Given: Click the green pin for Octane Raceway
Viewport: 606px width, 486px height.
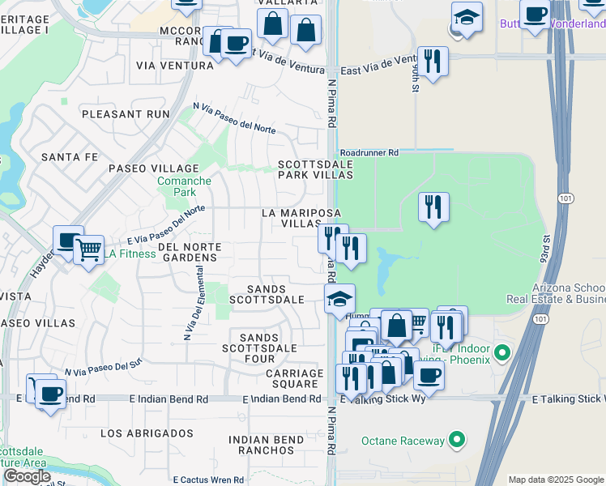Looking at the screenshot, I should tap(458, 441).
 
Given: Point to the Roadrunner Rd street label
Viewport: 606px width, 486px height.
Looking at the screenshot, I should tap(369, 151).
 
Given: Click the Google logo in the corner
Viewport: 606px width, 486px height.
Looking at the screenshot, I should tap(27, 476).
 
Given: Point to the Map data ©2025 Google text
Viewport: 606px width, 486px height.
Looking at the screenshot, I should tap(556, 480).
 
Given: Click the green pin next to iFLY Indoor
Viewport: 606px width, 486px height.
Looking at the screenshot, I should tap(502, 352).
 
